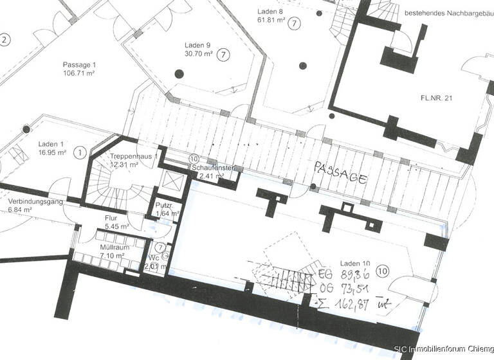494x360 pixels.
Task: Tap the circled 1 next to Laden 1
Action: pyautogui.click(x=80, y=152)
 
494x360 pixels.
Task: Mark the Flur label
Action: pyautogui.click(x=111, y=218)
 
